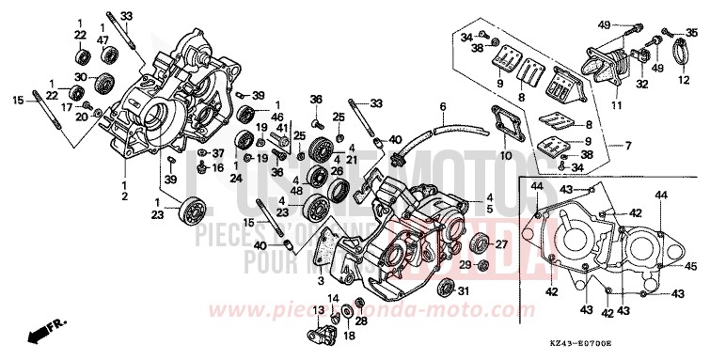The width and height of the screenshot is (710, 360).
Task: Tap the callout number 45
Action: tap(690, 266)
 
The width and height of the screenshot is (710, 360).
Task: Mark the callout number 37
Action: tap(217, 153)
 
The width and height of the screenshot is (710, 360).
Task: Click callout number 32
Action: tap(642, 83)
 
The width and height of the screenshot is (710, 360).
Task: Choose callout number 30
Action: tap(81, 77)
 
